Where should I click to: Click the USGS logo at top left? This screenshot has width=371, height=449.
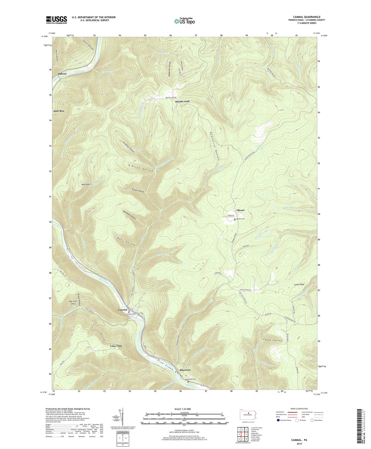tap(56, 20)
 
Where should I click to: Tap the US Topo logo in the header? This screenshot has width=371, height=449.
tap(184, 21)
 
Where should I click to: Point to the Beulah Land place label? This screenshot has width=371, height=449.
tap(182, 101)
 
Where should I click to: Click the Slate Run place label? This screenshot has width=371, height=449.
tap(59, 111)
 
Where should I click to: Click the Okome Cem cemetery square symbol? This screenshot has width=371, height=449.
tap(235, 220)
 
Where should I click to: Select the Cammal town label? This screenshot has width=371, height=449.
tap(122, 310)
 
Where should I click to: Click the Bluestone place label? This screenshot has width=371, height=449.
tap(185, 370)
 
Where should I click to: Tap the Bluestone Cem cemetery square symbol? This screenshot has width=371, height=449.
tap(192, 382)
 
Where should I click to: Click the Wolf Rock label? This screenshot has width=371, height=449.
tap(86, 184)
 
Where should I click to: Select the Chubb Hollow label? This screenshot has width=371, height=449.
tap(272, 340)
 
